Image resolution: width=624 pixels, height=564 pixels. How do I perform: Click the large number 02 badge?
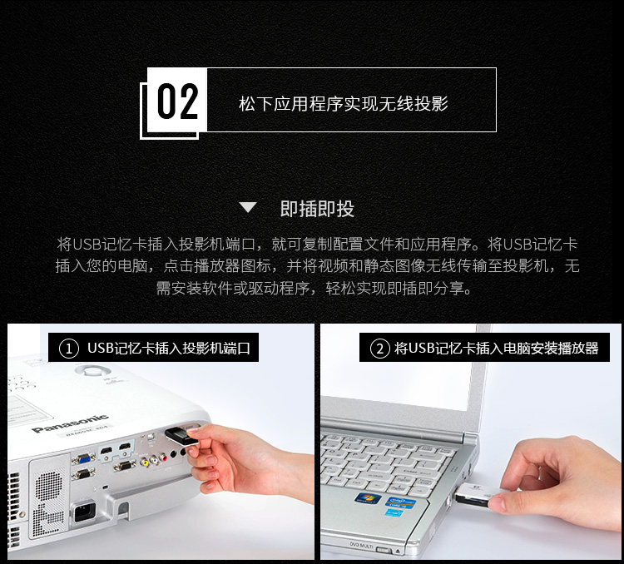177,101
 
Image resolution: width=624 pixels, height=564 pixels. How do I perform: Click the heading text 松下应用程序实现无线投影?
344,103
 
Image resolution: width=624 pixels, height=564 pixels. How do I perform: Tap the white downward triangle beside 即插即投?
248,207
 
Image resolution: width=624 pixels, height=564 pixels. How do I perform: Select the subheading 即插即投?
317,208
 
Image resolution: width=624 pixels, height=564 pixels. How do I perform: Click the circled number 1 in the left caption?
69,349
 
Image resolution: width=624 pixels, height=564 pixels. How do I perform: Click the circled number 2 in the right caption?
379,349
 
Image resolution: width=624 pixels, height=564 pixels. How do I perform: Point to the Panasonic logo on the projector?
70,423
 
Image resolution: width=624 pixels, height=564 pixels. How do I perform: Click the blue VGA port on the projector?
83,458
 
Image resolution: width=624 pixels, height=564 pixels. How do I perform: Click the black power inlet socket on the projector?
84,512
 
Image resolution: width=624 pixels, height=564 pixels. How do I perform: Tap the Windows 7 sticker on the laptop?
367,498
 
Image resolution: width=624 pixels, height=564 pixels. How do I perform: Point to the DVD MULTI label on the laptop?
361,545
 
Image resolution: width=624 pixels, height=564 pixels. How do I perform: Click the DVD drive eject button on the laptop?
383,550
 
